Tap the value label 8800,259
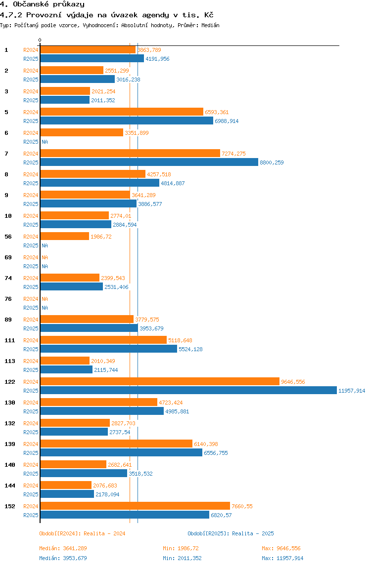point(272,162)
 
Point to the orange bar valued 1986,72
point(64,236)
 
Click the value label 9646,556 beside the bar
point(293,382)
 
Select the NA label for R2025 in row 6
point(45,142)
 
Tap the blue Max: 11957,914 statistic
point(282,558)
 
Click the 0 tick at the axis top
point(40,40)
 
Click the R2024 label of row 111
point(31,340)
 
